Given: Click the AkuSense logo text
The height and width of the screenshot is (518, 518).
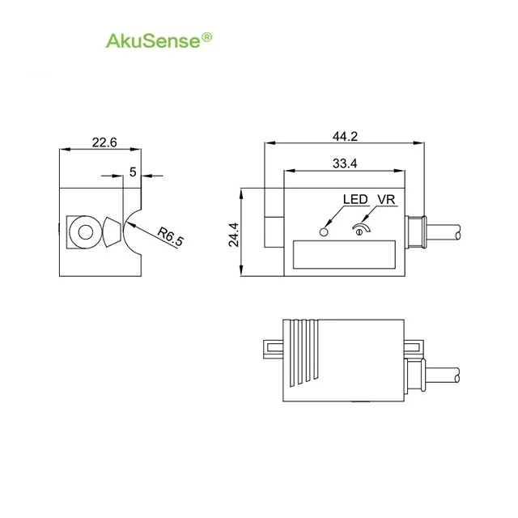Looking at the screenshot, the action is point(154,40).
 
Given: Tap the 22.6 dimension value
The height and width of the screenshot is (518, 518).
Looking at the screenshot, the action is point(104,142).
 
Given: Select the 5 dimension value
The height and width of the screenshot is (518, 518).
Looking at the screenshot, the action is point(133,172).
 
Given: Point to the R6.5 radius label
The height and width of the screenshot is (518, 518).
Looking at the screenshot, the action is point(170,236).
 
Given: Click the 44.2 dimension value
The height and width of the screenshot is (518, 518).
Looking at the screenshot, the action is point(345,136).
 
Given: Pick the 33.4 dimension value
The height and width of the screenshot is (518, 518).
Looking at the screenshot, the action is point(345,163).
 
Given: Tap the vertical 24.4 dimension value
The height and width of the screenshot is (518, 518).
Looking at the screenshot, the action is point(234,235).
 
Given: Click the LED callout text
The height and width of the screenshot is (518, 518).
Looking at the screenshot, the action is point(355,199).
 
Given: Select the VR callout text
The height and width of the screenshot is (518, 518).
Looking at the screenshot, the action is point(386,199).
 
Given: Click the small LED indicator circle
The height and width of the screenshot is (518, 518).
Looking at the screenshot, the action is point(324,232).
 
